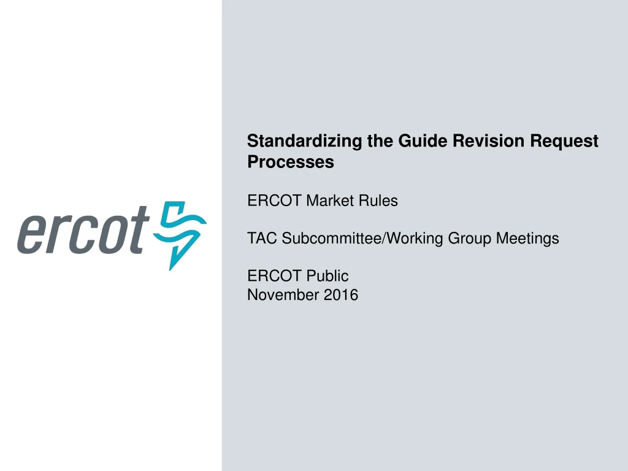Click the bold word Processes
[x=290, y=162]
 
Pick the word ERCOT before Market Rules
[x=275, y=201]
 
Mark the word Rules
[x=379, y=201]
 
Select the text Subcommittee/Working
[x=363, y=239]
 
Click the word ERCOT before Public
[x=275, y=277]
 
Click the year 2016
[x=342, y=295]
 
